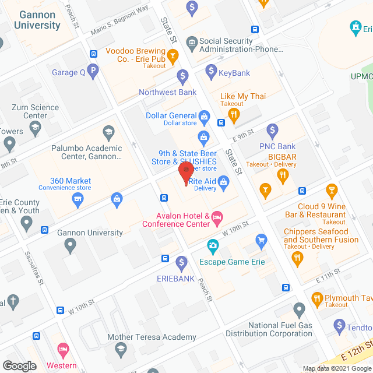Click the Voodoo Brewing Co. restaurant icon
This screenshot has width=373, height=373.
click(x=172, y=56)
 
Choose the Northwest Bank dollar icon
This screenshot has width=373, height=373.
click(x=182, y=75)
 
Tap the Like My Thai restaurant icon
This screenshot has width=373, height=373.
click(x=234, y=115)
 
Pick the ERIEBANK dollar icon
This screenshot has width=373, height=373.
click(x=181, y=262)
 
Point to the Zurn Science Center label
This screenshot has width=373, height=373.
click(x=36, y=111)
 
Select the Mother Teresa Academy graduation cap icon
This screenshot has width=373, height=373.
click(x=121, y=350)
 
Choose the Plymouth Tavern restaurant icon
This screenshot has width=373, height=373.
click(x=318, y=300)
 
